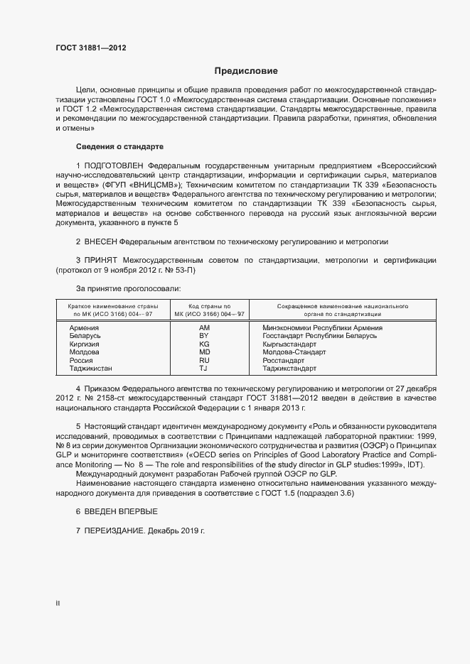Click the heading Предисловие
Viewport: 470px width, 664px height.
pos(246,71)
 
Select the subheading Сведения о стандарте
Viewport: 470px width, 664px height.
pos(119,146)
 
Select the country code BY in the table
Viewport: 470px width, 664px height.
pos(204,335)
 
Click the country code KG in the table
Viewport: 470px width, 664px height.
pos(204,344)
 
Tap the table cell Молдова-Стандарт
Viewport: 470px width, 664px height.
pos(294,352)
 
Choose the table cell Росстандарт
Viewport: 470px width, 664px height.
pos(284,360)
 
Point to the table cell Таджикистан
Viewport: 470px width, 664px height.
pos(91,368)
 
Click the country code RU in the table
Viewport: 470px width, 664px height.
pos(204,360)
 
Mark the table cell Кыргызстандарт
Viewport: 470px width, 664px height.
pos(289,344)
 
